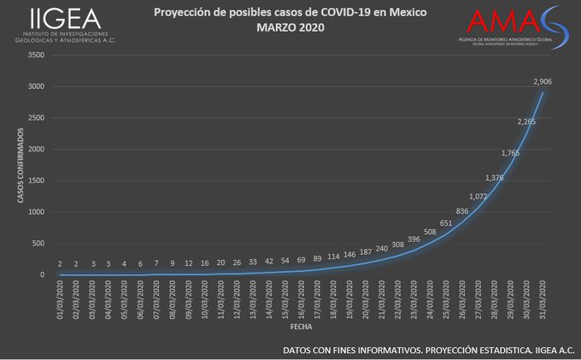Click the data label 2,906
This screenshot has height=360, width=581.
(542, 81)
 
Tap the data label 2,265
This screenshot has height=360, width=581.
(526, 121)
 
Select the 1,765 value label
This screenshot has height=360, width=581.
(510, 153)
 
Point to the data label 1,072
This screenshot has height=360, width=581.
(478, 196)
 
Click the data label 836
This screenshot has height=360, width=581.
(462, 210)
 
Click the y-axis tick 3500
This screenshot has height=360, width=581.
(36, 55)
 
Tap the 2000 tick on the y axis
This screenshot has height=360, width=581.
(36, 149)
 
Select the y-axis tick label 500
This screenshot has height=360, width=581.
(38, 244)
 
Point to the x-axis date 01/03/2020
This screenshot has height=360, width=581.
(60, 298)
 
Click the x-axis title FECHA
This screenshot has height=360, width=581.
(301, 327)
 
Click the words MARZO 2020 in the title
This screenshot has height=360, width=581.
(290, 27)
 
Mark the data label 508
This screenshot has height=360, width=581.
(430, 232)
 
